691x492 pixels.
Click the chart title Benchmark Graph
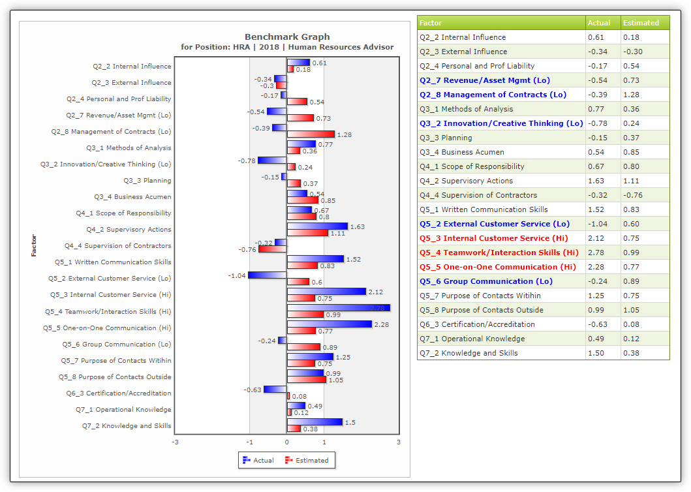click(x=287, y=37)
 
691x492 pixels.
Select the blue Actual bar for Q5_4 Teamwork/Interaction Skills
click(x=339, y=308)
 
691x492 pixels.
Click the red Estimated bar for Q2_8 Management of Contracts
click(x=311, y=134)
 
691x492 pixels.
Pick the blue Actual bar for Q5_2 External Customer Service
click(x=267, y=275)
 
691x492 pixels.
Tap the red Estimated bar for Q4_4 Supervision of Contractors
click(x=272, y=249)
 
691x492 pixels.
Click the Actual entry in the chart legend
click(x=258, y=460)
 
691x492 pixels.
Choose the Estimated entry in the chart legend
click(x=307, y=460)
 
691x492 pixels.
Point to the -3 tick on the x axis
click(x=176, y=442)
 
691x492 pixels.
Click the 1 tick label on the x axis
click(x=324, y=442)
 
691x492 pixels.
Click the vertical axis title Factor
click(x=34, y=245)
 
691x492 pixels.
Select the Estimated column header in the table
click(x=641, y=23)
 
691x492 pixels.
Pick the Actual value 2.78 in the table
click(x=596, y=253)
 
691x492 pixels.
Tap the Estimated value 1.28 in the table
click(x=631, y=95)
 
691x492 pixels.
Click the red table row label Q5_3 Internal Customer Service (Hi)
click(x=493, y=238)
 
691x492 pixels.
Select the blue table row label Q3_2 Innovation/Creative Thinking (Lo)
click(x=501, y=123)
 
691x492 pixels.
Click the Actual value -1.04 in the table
click(x=598, y=224)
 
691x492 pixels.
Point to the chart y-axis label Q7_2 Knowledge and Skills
click(x=127, y=426)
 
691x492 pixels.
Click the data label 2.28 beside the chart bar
click(x=382, y=324)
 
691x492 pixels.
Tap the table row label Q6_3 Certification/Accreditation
click(x=477, y=324)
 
